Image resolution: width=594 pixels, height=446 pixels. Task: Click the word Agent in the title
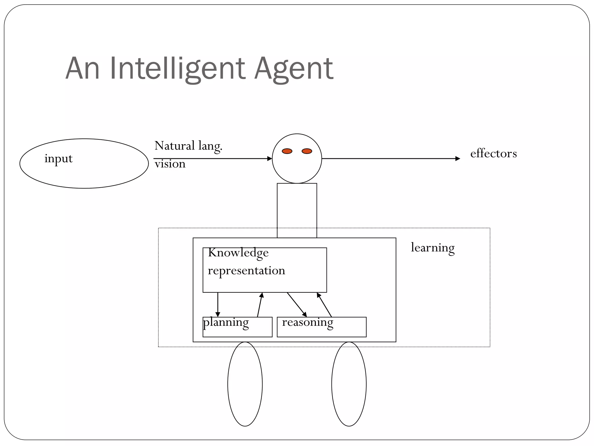pyautogui.click(x=294, y=69)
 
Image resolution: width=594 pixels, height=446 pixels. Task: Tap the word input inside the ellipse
pyautogui.click(x=58, y=159)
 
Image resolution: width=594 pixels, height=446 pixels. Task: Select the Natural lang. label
pyautogui.click(x=188, y=146)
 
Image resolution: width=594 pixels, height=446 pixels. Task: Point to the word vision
pyautogui.click(x=170, y=164)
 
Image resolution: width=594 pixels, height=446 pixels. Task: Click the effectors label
pyautogui.click(x=493, y=154)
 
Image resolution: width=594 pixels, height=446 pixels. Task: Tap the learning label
pyautogui.click(x=432, y=248)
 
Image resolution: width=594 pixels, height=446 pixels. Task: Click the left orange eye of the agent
pyautogui.click(x=287, y=151)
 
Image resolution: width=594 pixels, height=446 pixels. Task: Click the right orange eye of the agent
pyautogui.click(x=307, y=151)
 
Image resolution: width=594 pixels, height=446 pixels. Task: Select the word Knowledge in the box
pyautogui.click(x=238, y=253)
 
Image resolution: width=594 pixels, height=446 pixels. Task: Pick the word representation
pyautogui.click(x=246, y=271)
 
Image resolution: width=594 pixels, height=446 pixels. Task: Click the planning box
pyautogui.click(x=237, y=327)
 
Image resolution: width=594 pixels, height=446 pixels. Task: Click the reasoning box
pyautogui.click(x=321, y=327)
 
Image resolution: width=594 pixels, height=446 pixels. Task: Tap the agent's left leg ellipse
pyautogui.click(x=245, y=384)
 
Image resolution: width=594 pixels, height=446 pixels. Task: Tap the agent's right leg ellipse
pyautogui.click(x=349, y=384)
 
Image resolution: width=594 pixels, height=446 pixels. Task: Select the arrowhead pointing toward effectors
pyautogui.click(x=458, y=159)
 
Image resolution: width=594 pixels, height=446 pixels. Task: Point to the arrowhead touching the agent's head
pyautogui.click(x=269, y=159)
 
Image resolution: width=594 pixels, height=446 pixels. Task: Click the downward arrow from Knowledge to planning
pyautogui.click(x=218, y=305)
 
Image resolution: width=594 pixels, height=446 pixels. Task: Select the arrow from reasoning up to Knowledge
pyautogui.click(x=324, y=305)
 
